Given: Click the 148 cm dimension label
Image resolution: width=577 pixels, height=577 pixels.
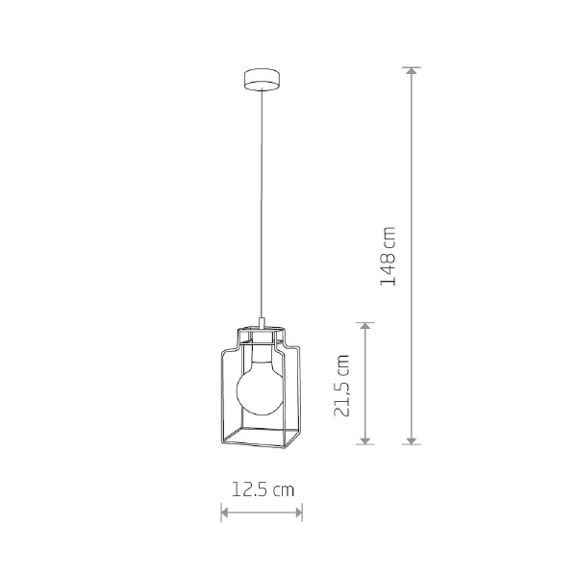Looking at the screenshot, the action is click(x=388, y=256).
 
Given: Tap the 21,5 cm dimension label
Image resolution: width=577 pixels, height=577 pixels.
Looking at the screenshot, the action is click(x=341, y=386).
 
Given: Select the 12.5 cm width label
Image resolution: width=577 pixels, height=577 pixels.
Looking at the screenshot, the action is click(x=263, y=489).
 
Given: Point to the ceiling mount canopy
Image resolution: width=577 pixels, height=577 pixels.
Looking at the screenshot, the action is click(x=262, y=79).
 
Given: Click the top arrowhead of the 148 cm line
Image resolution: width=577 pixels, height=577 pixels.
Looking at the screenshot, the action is click(x=412, y=70).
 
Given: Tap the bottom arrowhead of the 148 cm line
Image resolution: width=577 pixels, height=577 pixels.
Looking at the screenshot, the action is click(x=412, y=440).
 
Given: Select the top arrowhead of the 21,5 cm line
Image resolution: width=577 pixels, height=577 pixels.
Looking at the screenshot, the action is click(x=365, y=326).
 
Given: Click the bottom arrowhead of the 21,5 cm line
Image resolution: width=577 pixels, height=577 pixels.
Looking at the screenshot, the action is click(x=365, y=440).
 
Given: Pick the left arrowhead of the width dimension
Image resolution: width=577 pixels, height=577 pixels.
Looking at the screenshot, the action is click(x=224, y=513).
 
